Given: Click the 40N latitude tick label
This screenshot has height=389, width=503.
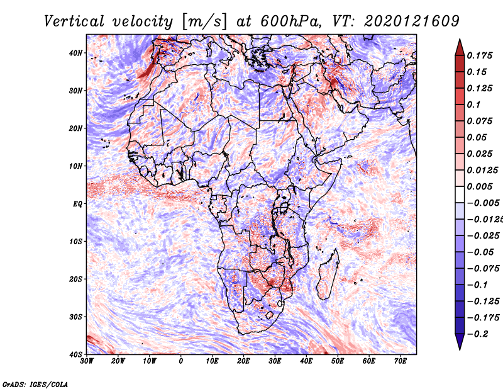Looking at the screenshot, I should coord(75,53).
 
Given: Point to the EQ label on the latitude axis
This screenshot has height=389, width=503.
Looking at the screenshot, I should coord(76,204).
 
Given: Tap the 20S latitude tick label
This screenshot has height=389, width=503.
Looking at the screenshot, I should coord(75,279).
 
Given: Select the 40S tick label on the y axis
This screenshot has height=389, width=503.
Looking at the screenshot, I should coord(75,354).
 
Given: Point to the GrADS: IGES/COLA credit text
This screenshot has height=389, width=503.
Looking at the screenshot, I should coord(35,383).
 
